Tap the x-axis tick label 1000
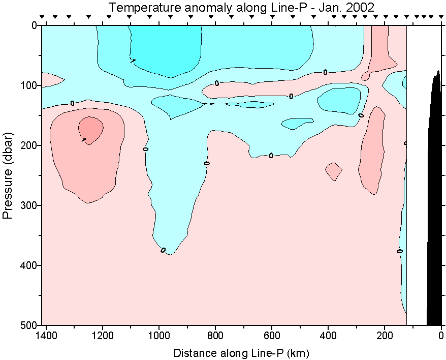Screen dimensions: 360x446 click(159, 336)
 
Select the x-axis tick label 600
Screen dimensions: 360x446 click(272, 336)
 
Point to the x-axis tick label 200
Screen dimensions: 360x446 click(385, 336)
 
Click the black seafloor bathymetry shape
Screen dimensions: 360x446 click(434, 203)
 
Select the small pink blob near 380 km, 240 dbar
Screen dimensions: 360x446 click(334, 171)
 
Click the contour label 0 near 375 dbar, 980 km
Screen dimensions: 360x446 click(163, 250)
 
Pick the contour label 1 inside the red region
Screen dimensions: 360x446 click(83, 139)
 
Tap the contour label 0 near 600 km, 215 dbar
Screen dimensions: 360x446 click(271, 156)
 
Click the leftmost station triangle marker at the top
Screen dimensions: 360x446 click(43, 17)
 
